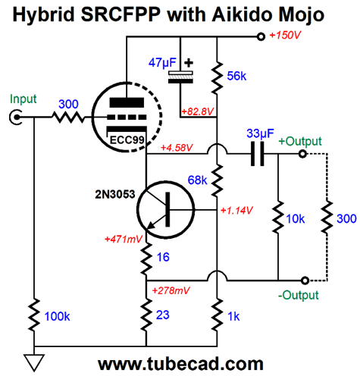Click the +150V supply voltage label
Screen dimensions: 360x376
pos(285,35)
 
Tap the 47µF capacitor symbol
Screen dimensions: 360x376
pos(180,77)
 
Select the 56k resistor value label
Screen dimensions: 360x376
pos(236,76)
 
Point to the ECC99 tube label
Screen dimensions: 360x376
pos(127,139)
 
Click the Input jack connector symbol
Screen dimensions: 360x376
pos(16,117)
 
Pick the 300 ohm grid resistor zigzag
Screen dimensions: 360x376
pos(68,117)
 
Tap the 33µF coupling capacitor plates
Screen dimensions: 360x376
pos(257,154)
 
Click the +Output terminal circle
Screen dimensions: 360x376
pos(302,154)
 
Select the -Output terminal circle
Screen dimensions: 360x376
pos(305,280)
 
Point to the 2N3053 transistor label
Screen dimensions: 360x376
pos(115,194)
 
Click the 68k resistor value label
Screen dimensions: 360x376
pos(197,180)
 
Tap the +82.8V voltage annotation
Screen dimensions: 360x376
pos(198,111)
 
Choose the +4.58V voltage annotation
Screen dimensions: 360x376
pos(177,148)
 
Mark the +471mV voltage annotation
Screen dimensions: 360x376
pos(124,239)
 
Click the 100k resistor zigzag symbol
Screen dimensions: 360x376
pos(34,315)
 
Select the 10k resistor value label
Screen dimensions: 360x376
pos(295,219)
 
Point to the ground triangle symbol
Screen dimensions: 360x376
pos(34,362)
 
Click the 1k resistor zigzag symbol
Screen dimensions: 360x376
pos(217,315)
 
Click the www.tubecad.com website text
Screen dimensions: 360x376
pos(180,364)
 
